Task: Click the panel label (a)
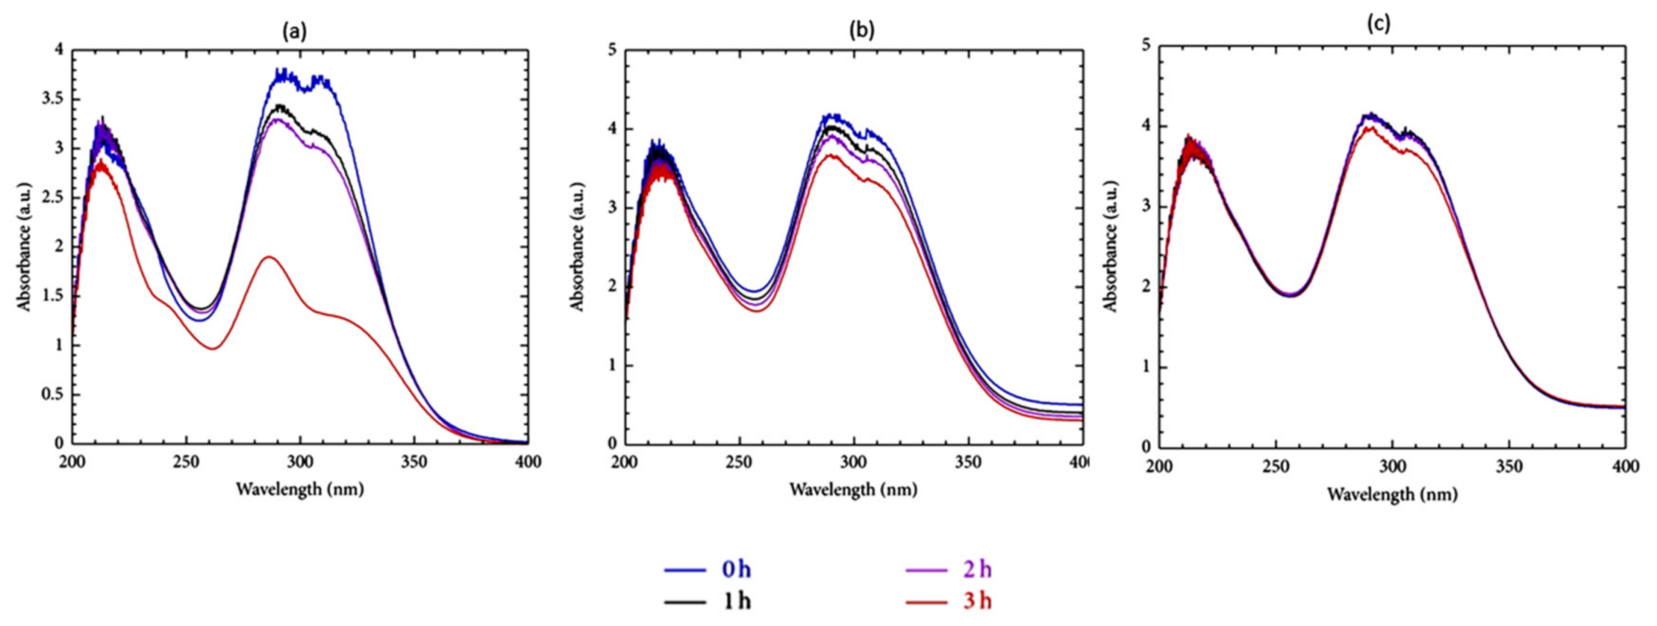[x=295, y=30]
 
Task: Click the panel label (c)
[x=1379, y=24]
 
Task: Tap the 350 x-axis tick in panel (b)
[x=968, y=462]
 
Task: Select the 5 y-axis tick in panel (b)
[x=611, y=50]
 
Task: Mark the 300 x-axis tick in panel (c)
[x=1392, y=466]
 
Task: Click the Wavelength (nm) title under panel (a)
[x=300, y=489]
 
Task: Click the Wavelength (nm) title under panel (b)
[x=854, y=489]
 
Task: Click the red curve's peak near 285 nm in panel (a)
[x=269, y=256]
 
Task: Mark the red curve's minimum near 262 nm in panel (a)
[x=213, y=348]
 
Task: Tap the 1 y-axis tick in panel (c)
[x=1145, y=367]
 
